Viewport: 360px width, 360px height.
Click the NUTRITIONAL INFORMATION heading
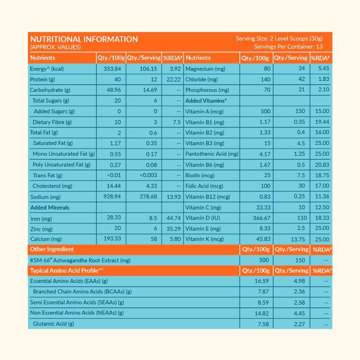pos(84,39)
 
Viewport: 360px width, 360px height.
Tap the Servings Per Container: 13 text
pos(288,47)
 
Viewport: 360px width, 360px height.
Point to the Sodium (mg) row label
pos(45,197)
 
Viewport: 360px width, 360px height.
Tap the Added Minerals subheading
pos(50,208)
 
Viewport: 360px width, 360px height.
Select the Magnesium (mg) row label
pos(205,69)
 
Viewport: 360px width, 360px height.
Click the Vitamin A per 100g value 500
pos(265,111)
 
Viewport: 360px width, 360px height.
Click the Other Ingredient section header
pos(52,249)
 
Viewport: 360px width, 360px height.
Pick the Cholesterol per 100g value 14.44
pos(112,186)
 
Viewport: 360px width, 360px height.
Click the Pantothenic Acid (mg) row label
pos(211,154)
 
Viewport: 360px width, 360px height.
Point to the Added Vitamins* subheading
pos(206,100)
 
